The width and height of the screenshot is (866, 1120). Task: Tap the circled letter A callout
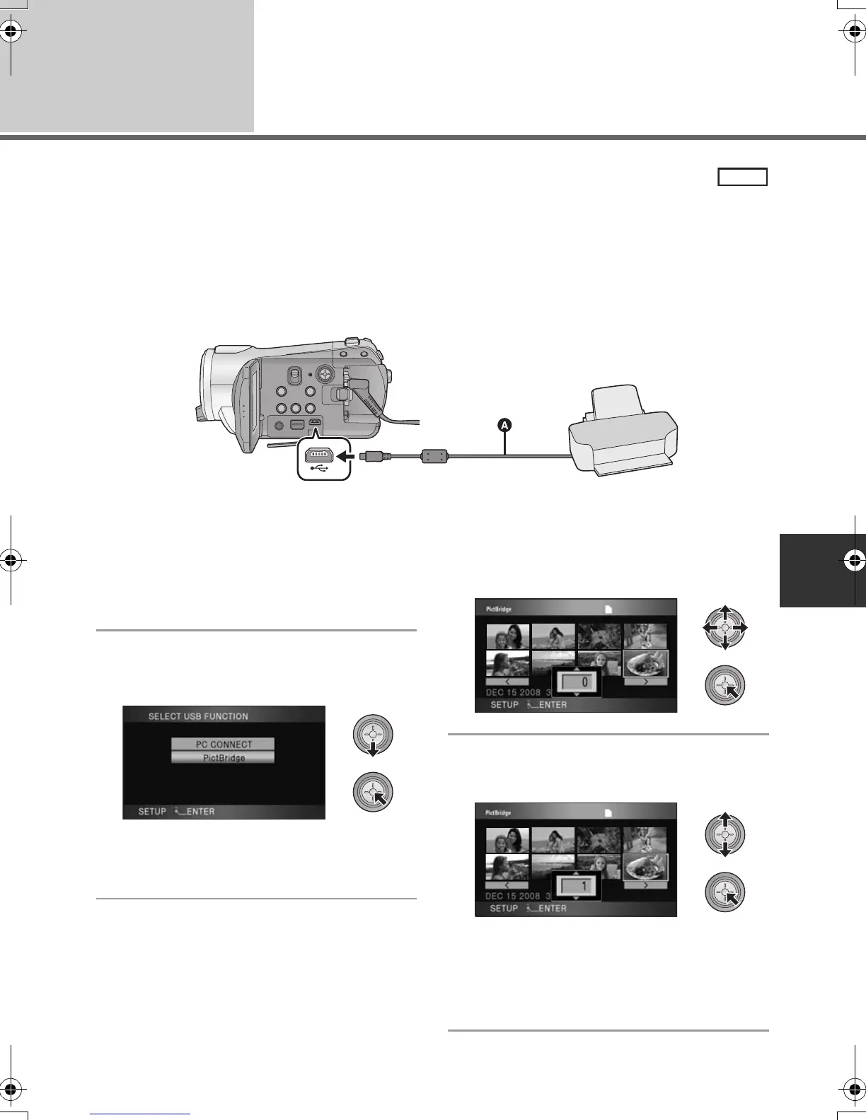coord(504,426)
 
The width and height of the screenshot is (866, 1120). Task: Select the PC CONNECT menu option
coord(223,744)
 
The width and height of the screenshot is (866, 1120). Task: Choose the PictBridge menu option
coord(223,757)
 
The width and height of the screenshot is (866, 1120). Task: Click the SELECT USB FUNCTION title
coord(198,716)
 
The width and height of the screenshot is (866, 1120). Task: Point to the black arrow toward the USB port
coord(344,457)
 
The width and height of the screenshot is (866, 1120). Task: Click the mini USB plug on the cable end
coord(370,457)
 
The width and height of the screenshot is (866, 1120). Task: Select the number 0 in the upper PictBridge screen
coord(584,683)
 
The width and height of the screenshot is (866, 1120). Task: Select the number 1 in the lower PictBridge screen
coord(584,886)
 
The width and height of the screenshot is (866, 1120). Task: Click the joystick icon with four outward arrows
coord(724,627)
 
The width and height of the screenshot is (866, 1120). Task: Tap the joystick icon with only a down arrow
coord(372,736)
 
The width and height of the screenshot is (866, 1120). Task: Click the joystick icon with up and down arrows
coord(724,835)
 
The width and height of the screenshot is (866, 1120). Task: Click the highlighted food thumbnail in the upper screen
coord(645,664)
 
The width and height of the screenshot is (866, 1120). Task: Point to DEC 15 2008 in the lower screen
coord(513,896)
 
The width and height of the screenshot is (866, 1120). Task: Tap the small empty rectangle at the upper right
coord(742,177)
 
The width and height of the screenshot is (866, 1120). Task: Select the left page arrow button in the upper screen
coord(507,682)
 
